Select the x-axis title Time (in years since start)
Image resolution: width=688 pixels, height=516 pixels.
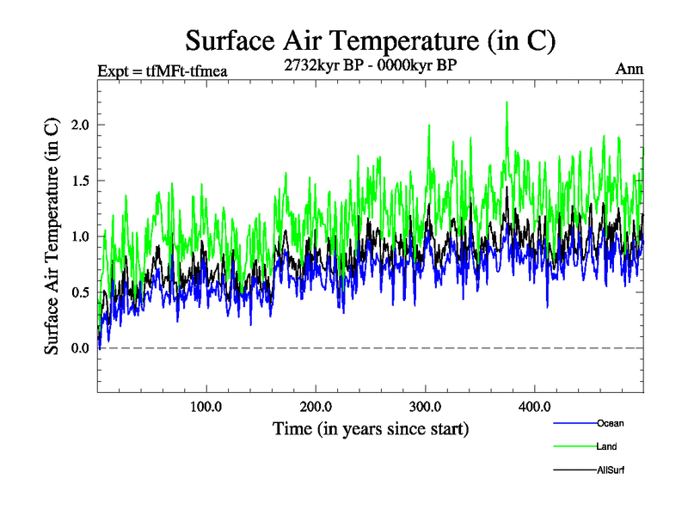(371, 427)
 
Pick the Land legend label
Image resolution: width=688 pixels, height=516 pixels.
(605, 446)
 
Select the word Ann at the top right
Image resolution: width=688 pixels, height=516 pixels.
(630, 70)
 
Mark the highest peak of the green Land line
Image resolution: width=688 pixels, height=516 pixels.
(507, 102)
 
